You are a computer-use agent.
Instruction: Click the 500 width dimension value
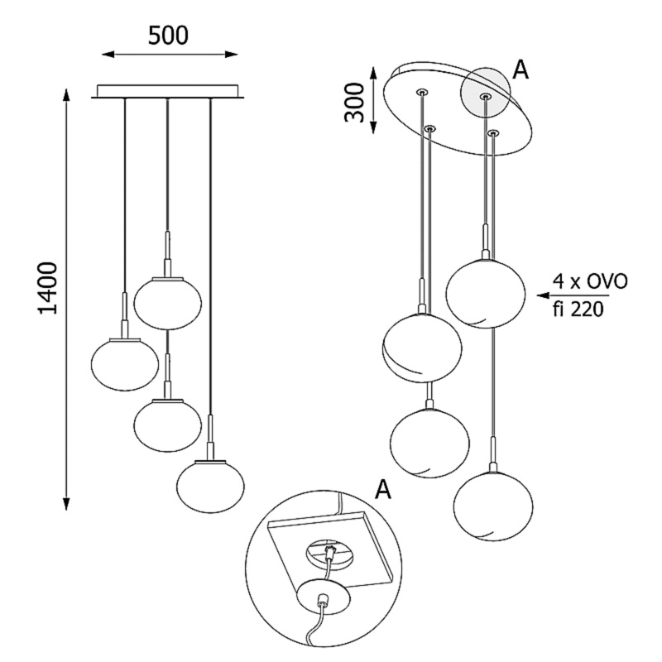(x=168, y=36)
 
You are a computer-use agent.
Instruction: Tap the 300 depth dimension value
(x=354, y=103)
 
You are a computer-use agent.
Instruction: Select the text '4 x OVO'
(x=590, y=281)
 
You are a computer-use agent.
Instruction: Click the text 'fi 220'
(x=578, y=309)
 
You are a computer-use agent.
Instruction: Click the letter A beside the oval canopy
(x=520, y=70)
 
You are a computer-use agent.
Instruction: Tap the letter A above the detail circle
(x=383, y=489)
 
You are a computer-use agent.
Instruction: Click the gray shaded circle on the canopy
(x=486, y=91)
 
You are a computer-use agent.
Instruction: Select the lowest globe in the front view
(x=210, y=486)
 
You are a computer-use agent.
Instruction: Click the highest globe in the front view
(x=168, y=303)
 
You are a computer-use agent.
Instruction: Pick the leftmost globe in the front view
(x=125, y=364)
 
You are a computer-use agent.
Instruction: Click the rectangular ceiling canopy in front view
(x=168, y=92)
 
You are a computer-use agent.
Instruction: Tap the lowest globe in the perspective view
(x=493, y=506)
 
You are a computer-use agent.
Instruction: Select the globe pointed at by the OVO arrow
(x=486, y=293)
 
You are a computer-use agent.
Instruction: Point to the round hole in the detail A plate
(x=330, y=554)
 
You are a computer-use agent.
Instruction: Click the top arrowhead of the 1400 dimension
(x=66, y=95)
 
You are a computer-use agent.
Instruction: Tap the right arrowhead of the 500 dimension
(x=231, y=54)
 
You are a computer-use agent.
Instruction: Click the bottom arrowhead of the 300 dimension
(x=373, y=127)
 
